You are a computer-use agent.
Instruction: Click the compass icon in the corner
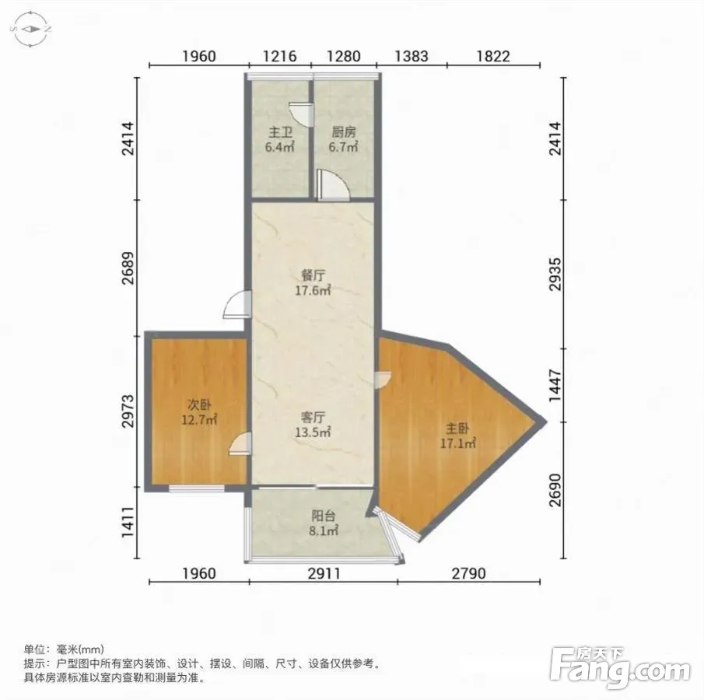click(x=30, y=30)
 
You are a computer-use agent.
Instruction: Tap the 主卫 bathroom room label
click(x=280, y=132)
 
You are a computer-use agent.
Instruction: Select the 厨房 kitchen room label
click(x=344, y=132)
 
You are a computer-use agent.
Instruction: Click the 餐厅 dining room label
click(x=313, y=275)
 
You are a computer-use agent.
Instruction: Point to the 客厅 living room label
click(x=313, y=418)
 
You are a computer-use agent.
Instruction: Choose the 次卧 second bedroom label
click(x=199, y=405)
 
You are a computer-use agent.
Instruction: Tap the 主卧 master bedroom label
click(x=457, y=429)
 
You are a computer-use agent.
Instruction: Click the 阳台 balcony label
click(x=324, y=516)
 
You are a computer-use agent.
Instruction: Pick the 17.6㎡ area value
click(x=313, y=291)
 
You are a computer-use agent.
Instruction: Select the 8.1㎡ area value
click(x=324, y=531)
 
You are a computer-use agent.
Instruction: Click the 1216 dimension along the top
click(x=280, y=56)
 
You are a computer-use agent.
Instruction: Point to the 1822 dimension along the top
click(x=493, y=56)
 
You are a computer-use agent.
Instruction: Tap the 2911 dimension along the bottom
click(x=324, y=573)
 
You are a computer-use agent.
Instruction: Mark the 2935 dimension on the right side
click(x=556, y=274)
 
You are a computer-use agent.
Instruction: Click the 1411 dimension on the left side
click(x=128, y=522)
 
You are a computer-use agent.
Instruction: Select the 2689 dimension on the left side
click(x=128, y=268)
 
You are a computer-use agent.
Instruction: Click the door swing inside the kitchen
click(x=332, y=185)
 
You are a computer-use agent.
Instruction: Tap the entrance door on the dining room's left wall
click(x=236, y=304)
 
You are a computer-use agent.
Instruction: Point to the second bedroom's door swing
click(x=240, y=444)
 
